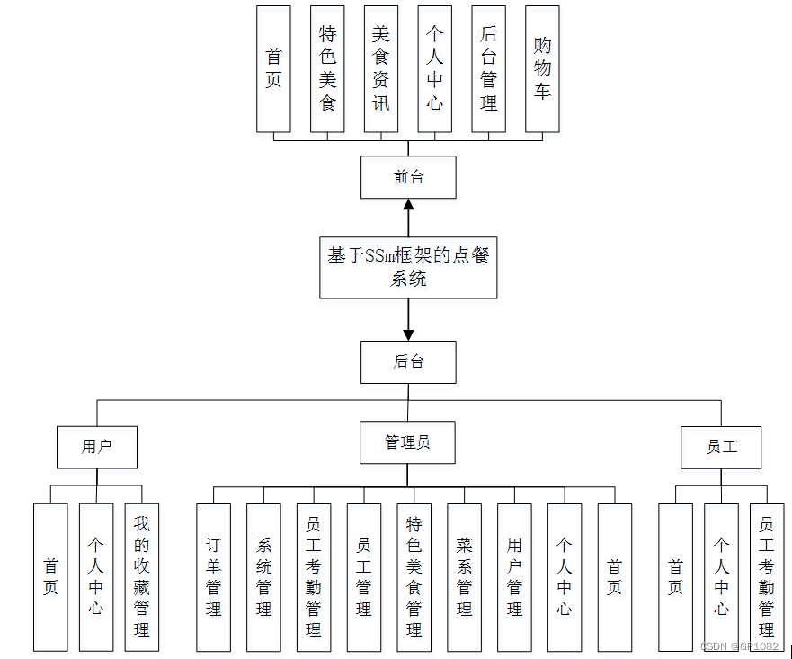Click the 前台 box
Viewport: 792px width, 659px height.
click(408, 177)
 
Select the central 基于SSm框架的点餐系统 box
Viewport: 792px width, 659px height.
click(408, 267)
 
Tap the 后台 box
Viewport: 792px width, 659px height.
click(408, 362)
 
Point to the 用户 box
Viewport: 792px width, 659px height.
click(96, 447)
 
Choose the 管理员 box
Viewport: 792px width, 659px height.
click(407, 442)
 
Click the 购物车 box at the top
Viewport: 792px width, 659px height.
click(542, 69)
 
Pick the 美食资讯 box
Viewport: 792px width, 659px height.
click(381, 69)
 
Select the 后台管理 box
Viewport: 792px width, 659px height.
click(489, 69)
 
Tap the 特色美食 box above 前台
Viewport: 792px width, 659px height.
click(327, 69)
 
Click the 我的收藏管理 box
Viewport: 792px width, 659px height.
click(141, 576)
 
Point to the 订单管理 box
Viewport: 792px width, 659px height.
click(213, 576)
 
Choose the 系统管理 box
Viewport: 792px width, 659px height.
click(263, 576)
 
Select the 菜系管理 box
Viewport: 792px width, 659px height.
click(464, 576)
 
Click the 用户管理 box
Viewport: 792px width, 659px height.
click(514, 576)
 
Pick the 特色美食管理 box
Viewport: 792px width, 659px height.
click(414, 576)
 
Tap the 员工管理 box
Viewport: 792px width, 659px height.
click(363, 576)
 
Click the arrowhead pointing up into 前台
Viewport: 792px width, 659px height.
click(408, 205)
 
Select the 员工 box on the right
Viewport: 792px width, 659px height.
click(721, 447)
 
